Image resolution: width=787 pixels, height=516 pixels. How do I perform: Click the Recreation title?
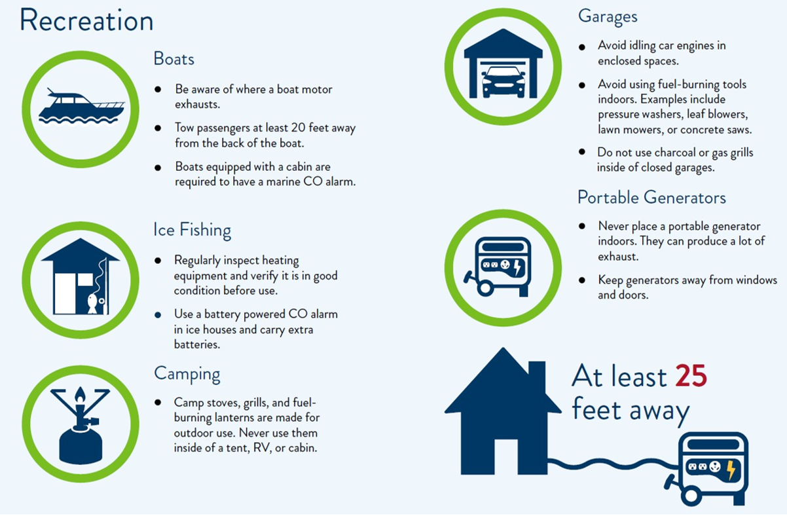pyautogui.click(x=86, y=20)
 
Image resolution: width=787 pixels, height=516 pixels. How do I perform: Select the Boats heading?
pyautogui.click(x=174, y=59)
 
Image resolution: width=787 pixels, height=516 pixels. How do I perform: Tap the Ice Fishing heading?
pyautogui.click(x=192, y=230)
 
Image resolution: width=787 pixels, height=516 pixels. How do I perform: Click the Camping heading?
pyautogui.click(x=187, y=374)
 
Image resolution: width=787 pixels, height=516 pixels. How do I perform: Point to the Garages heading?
pyautogui.click(x=607, y=16)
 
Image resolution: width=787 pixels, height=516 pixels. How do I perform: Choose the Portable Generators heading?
pyautogui.click(x=651, y=197)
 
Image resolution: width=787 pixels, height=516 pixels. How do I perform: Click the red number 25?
pyautogui.click(x=691, y=377)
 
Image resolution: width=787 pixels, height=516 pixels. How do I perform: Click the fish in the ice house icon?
pyautogui.click(x=92, y=303)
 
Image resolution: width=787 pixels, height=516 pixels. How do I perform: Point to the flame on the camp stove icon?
pyautogui.click(x=80, y=396)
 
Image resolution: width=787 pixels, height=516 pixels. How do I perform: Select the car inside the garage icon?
pyautogui.click(x=503, y=81)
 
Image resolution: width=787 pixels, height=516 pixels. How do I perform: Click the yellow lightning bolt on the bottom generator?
pyautogui.click(x=731, y=470)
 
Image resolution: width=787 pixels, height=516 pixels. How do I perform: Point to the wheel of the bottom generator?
pyautogui.click(x=691, y=494)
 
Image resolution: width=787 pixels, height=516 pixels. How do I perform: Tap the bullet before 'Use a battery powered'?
pyautogui.click(x=157, y=315)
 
